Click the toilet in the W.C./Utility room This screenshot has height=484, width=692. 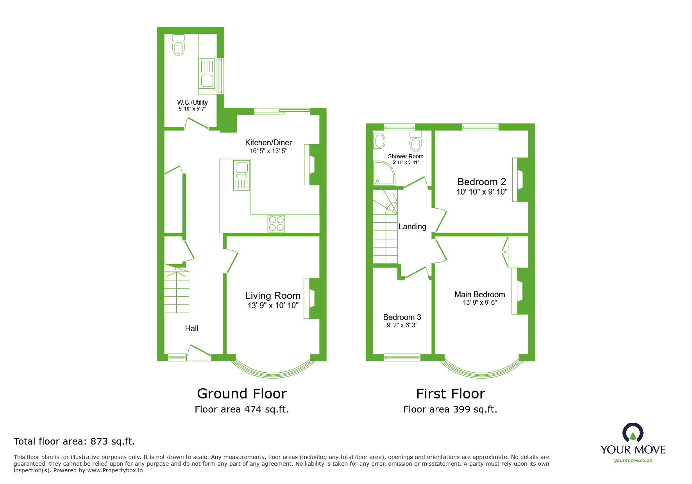click(x=179, y=45)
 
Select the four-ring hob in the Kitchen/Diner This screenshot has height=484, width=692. click(x=276, y=223)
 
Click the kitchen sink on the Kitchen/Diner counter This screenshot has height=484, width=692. click(x=241, y=176)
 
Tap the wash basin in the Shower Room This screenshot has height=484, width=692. click(x=379, y=141)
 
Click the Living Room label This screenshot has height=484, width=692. click(x=273, y=296)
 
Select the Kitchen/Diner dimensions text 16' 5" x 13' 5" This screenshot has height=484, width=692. click(x=268, y=151)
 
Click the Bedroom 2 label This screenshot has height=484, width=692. click(x=482, y=182)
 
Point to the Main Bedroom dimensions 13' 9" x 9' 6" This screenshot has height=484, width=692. click(x=480, y=302)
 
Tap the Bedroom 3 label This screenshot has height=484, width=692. click(x=402, y=317)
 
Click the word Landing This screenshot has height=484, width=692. click(x=412, y=227)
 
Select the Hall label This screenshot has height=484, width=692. click(x=191, y=329)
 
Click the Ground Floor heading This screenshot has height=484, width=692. click(x=242, y=393)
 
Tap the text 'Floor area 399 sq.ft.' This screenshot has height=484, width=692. click(x=450, y=409)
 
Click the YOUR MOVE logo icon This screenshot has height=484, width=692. click(x=633, y=433)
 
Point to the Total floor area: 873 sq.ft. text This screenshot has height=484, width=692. click(x=74, y=441)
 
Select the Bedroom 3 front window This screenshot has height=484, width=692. click(x=402, y=357)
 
